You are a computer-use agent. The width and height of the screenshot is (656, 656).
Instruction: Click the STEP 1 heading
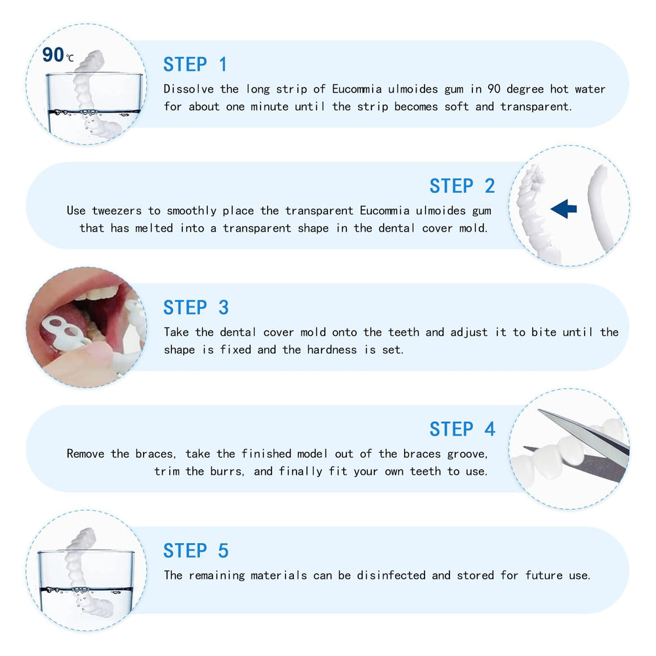[195, 64]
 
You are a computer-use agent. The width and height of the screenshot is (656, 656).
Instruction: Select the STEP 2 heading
[462, 186]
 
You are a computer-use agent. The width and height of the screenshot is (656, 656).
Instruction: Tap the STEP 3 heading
[195, 308]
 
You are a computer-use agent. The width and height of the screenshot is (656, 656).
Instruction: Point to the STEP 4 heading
[462, 429]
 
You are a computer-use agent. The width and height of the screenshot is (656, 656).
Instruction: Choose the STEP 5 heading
[195, 550]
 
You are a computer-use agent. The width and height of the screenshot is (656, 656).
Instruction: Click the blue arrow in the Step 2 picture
[564, 209]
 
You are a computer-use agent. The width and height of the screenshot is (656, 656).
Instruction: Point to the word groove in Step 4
[468, 454]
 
